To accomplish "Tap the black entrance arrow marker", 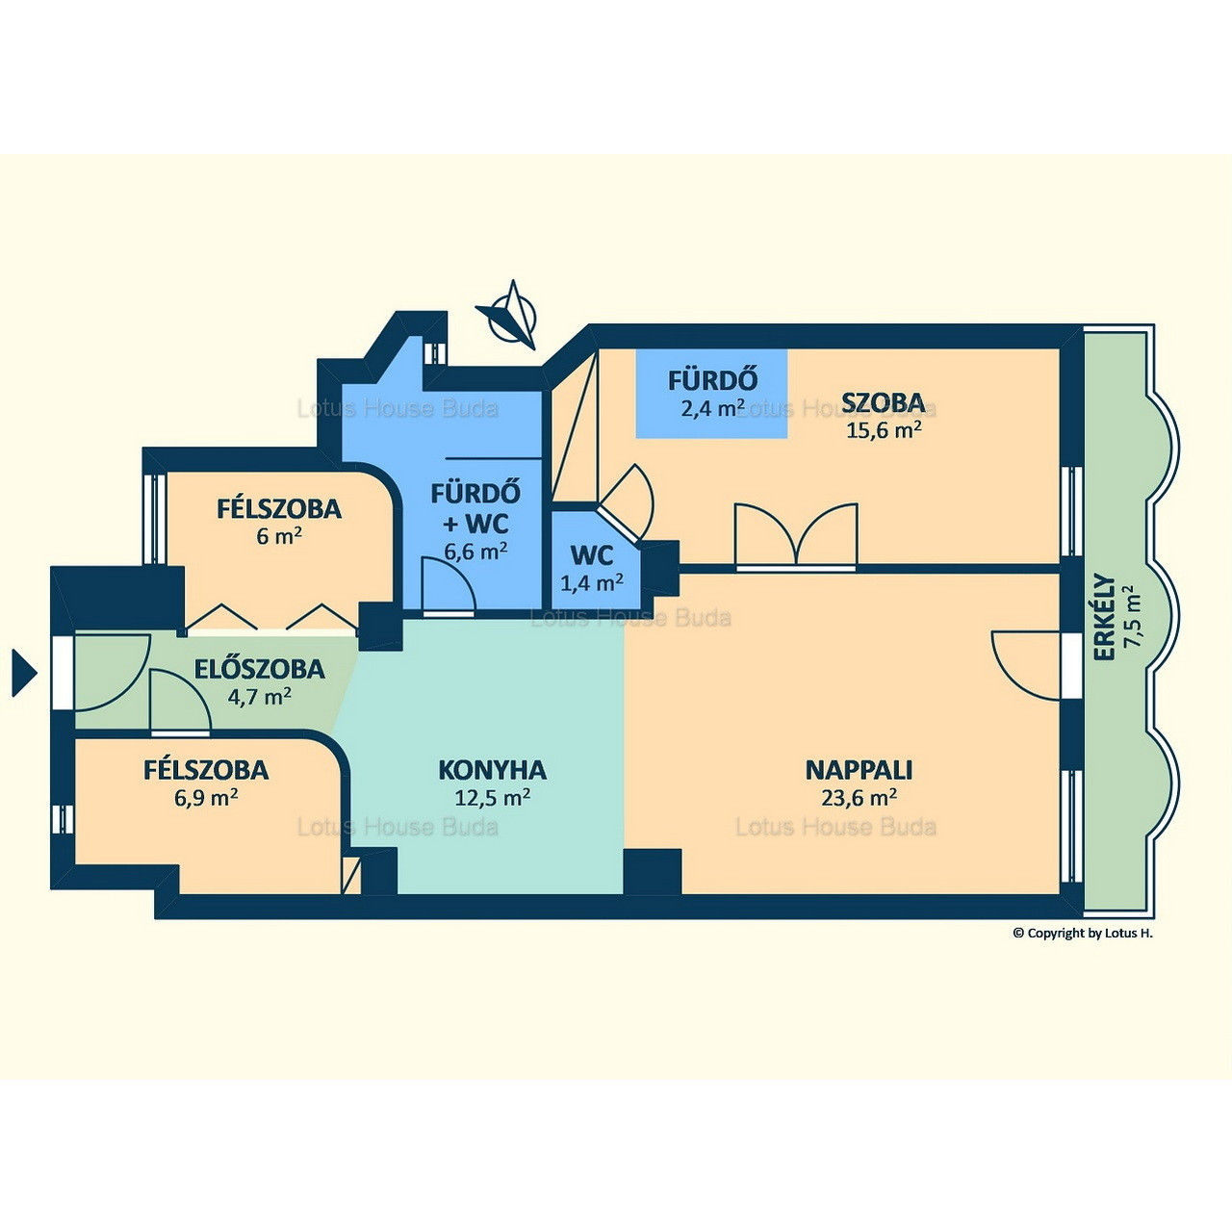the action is pos(24,673).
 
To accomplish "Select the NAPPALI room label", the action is pos(858,770).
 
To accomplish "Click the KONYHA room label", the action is pos(492,770).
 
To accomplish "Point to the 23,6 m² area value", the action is pos(858,797).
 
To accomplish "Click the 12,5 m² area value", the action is pos(492,797).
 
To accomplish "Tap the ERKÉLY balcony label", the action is pos(1104,618).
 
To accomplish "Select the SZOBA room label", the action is pos(883,402).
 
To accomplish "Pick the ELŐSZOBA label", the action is pos(260,669).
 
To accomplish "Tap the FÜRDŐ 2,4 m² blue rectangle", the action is pos(711,394).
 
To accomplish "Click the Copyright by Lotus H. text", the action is pos(1083,933).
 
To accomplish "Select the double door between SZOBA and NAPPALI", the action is pos(796,536).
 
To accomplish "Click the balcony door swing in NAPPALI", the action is pos(1026,665).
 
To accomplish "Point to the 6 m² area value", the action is pos(279,536).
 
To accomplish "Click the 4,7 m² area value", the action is pos(260,695).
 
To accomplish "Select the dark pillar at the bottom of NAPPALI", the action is pos(653,871).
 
